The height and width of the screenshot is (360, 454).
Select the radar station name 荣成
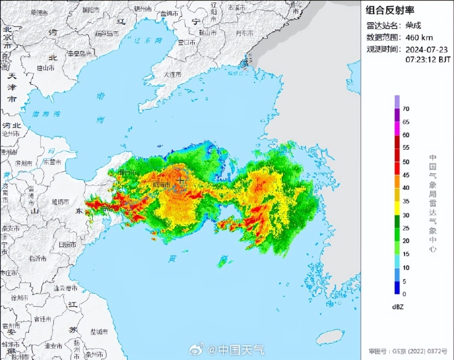click(x=411, y=26)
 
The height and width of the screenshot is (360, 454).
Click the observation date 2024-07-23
click(x=424, y=49)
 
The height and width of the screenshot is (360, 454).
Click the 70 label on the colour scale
click(x=406, y=109)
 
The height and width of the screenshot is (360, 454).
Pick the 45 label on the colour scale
click(x=406, y=175)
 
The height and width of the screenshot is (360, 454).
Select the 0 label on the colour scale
click(x=404, y=294)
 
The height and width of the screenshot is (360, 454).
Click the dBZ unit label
click(x=398, y=307)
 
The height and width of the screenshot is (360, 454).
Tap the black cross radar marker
click(x=180, y=180)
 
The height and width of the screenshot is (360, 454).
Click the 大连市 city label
click(x=172, y=74)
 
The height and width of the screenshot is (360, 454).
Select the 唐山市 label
click(x=46, y=68)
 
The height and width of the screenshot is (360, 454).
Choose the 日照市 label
click(x=67, y=244)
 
